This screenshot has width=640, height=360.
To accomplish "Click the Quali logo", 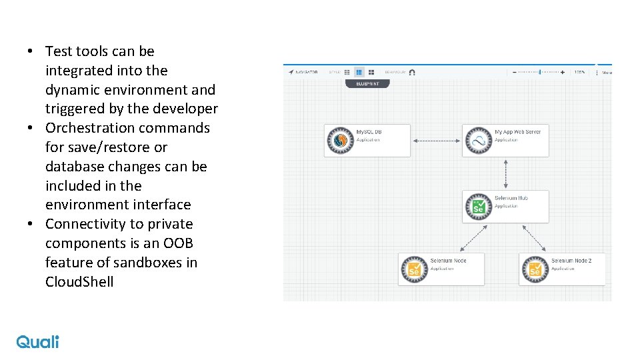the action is (x=37, y=341).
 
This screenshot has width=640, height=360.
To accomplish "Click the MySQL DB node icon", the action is (x=341, y=140).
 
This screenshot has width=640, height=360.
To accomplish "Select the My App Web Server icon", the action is (x=478, y=140).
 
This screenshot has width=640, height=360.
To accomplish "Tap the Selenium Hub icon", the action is (x=478, y=206).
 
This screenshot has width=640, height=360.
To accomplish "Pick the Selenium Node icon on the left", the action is (x=414, y=269).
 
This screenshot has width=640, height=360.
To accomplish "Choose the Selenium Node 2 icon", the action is (x=535, y=269).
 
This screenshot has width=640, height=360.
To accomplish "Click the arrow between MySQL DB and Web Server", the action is (x=437, y=140).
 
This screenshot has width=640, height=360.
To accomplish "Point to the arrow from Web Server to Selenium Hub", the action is (x=506, y=173).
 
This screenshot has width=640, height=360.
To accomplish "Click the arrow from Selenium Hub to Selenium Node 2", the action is (x=535, y=237).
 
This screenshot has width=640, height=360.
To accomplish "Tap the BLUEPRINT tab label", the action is (x=367, y=84).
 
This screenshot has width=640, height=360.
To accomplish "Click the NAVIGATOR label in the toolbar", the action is (x=307, y=72).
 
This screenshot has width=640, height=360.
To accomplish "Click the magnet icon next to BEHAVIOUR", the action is (x=412, y=72).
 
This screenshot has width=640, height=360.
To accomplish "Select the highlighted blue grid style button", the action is (x=359, y=72).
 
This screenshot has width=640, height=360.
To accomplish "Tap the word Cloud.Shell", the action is (x=79, y=282).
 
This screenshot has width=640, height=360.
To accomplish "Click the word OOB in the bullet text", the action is (x=178, y=243).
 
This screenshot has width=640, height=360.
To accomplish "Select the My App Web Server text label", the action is (x=517, y=132).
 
